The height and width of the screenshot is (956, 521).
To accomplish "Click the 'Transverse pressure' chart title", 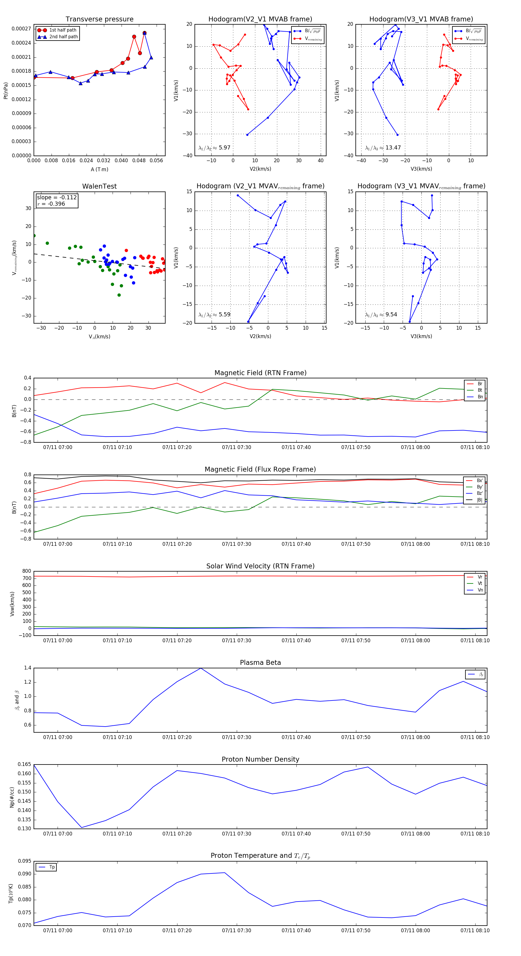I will [x=99, y=19].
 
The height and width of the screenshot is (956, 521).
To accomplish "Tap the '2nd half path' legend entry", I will [x=63, y=37].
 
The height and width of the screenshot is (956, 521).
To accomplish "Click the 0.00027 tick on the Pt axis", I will [x=21, y=29].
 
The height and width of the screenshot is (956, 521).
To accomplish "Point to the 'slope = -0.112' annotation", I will [x=57, y=198].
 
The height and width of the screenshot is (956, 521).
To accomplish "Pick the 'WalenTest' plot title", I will [x=99, y=186].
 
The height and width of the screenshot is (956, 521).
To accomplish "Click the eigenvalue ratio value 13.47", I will [x=393, y=148].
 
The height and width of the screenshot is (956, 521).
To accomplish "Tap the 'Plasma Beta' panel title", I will [x=260, y=663].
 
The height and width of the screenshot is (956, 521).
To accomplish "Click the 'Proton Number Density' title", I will [x=260, y=759].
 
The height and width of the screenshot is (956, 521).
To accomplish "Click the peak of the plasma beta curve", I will [x=201, y=668].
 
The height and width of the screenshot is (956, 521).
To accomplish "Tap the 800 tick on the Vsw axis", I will [x=27, y=571].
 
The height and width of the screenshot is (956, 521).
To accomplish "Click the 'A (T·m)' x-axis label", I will [x=99, y=169].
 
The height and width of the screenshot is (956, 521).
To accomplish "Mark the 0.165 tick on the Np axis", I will [x=25, y=765].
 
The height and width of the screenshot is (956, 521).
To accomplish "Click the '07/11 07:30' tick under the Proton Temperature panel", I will [x=236, y=931].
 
